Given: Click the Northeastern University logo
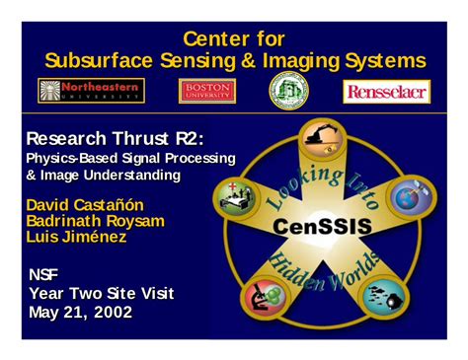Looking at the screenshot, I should point(91,91).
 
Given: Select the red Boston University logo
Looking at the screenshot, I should point(207,91).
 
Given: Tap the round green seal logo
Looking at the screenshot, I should point(288,91).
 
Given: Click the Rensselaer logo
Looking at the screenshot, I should point(385,92).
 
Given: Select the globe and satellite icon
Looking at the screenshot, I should point(410,194).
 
